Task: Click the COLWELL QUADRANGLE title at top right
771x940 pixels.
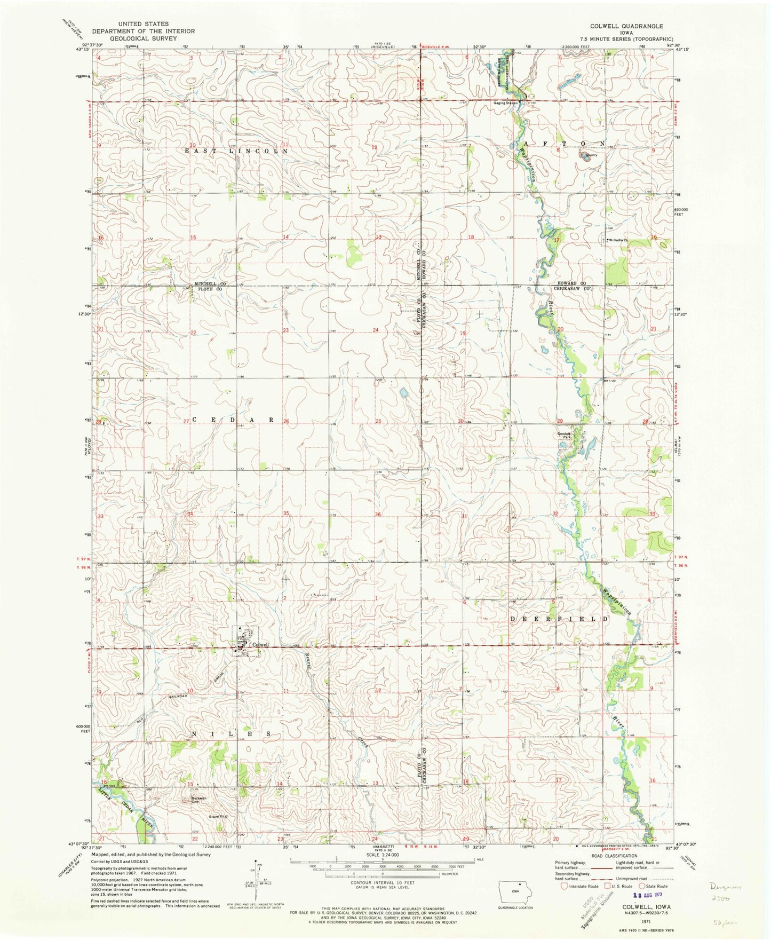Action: pyautogui.click(x=626, y=26)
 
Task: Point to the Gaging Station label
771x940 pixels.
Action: pyautogui.click(x=505, y=102)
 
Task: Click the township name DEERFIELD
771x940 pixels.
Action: pyautogui.click(x=559, y=619)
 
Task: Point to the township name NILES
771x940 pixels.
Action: pyautogui.click(x=232, y=734)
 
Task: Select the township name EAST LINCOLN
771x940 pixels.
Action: pyautogui.click(x=236, y=151)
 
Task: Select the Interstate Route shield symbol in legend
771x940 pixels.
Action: pyautogui.click(x=563, y=886)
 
